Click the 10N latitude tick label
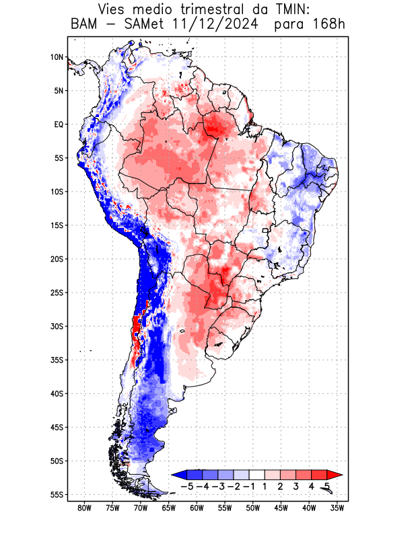[57, 57]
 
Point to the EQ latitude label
[58, 124]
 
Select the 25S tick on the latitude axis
[56, 293]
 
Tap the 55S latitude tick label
[56, 495]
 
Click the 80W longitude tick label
[84, 508]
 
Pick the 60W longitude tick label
[197, 508]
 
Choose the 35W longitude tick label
[337, 508]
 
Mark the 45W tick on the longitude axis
[281, 508]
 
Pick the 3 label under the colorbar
[296, 486]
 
